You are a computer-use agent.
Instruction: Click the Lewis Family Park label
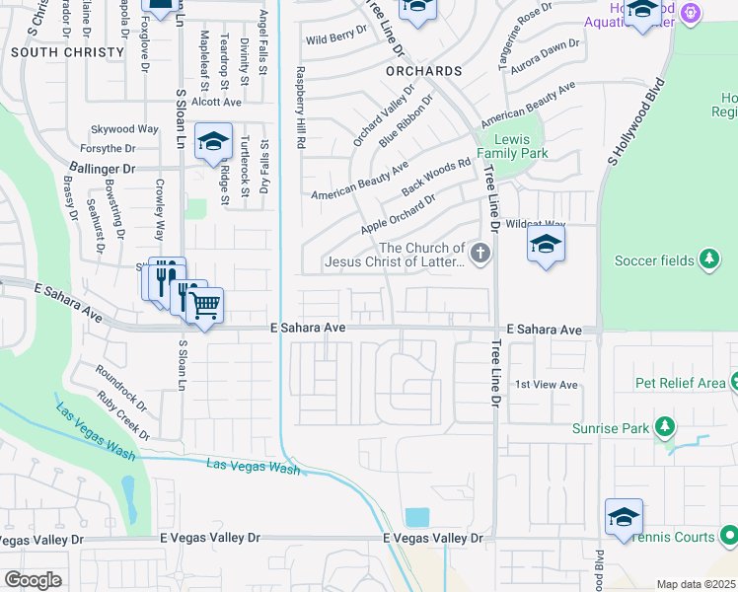coord(512,146)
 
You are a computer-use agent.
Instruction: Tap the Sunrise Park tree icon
coord(666,427)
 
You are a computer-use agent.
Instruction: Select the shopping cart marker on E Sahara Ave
coord(204,306)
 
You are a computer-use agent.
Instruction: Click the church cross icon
coord(480,256)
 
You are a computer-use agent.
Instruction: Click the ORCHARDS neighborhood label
coord(424,72)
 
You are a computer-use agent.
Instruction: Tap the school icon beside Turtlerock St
coord(212,142)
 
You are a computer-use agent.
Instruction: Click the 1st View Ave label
coord(547,385)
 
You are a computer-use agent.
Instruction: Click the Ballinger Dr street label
coord(108,170)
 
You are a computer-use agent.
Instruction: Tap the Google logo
coord(33,580)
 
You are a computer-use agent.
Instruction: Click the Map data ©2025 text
coord(696,584)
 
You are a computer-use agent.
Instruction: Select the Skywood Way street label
coord(124,129)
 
